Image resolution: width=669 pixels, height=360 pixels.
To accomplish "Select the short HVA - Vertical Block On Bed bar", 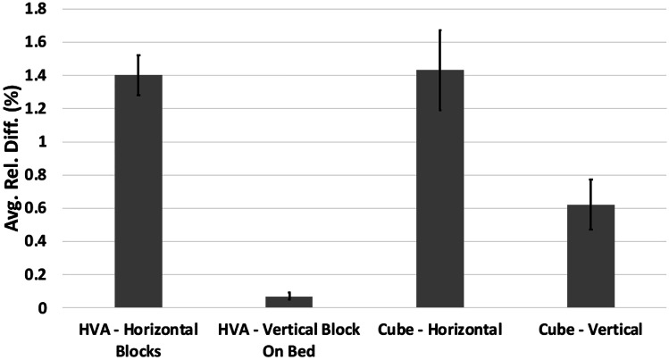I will (289, 302).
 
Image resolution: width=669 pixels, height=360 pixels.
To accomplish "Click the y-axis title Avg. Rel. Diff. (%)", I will (14, 157).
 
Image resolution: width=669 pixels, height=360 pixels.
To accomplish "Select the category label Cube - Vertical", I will (590, 330).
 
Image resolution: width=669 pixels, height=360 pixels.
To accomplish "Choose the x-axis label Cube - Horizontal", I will (439, 330).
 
